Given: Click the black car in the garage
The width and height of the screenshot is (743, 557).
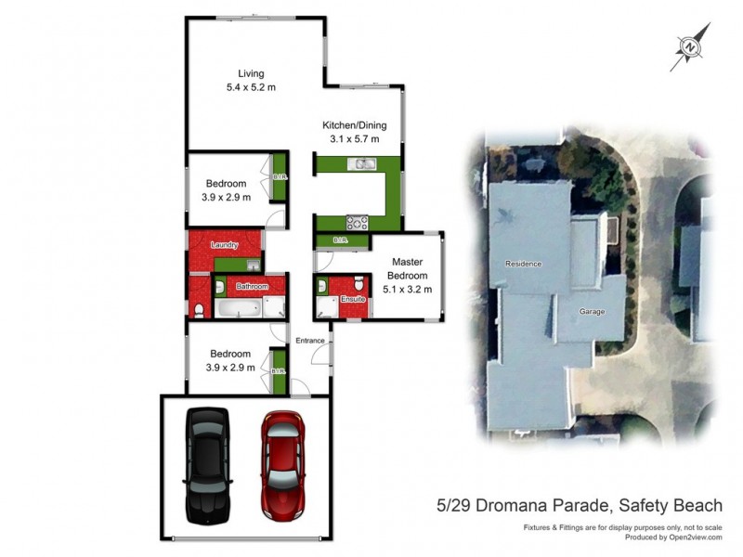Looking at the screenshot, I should (x=208, y=463).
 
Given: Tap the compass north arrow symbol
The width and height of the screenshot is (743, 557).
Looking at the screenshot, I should (x=690, y=46).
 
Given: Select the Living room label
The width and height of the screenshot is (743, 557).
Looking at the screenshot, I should (x=251, y=73).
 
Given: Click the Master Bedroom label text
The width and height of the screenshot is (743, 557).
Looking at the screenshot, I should (x=408, y=269).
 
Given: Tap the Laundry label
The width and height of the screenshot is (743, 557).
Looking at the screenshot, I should (x=225, y=245).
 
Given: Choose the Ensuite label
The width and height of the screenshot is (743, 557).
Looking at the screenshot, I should (x=352, y=300).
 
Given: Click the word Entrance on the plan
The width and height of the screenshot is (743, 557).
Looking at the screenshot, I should (x=310, y=341).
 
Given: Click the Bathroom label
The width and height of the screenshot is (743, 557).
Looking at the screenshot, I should (x=252, y=287).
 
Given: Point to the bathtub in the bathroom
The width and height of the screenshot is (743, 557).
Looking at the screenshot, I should (x=240, y=307).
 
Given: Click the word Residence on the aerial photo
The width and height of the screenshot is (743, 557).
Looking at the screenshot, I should (x=523, y=264).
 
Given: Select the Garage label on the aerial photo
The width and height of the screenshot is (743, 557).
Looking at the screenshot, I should (x=592, y=312).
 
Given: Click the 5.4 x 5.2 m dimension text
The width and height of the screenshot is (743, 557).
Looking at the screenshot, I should (x=251, y=87).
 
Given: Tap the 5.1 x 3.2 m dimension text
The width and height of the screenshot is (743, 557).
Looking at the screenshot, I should (x=408, y=289).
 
